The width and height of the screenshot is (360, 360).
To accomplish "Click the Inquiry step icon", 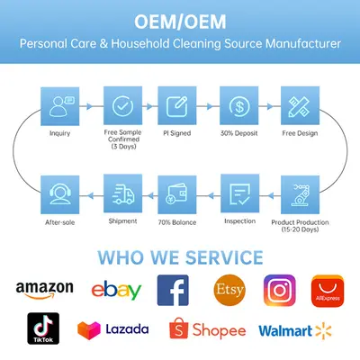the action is [x=60, y=106].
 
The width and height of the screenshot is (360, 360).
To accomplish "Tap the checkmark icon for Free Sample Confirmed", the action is [x=122, y=105].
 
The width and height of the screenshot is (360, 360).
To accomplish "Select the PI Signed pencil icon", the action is [x=177, y=105].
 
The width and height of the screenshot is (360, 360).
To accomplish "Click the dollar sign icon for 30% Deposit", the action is [x=239, y=105].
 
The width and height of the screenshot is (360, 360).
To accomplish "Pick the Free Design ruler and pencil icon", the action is [x=300, y=105].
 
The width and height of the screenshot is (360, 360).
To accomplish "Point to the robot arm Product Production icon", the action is [x=300, y=194].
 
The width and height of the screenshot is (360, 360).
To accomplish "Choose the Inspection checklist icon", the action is [x=240, y=193].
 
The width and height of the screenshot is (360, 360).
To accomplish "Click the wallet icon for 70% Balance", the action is [x=177, y=194].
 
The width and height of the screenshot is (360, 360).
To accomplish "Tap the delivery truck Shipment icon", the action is [x=122, y=193].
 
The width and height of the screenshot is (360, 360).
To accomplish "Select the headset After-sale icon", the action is [x=60, y=194].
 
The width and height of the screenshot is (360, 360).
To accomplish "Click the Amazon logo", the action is [x=44, y=290].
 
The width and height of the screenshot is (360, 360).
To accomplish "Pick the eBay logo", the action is [x=116, y=291].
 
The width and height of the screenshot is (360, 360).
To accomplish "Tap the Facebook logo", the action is [x=173, y=290].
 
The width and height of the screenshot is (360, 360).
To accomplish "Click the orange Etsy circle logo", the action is [x=229, y=290].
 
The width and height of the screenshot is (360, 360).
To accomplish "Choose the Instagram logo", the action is [x=280, y=290].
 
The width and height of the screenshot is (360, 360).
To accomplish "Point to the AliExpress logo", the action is [x=328, y=291].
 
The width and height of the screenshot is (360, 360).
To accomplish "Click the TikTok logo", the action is [x=43, y=328].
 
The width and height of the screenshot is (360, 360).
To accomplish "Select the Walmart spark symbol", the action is [x=323, y=331].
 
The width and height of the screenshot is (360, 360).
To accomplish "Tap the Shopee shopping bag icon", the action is [x=179, y=328].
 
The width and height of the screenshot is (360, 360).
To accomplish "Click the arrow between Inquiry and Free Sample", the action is [x=89, y=106].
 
